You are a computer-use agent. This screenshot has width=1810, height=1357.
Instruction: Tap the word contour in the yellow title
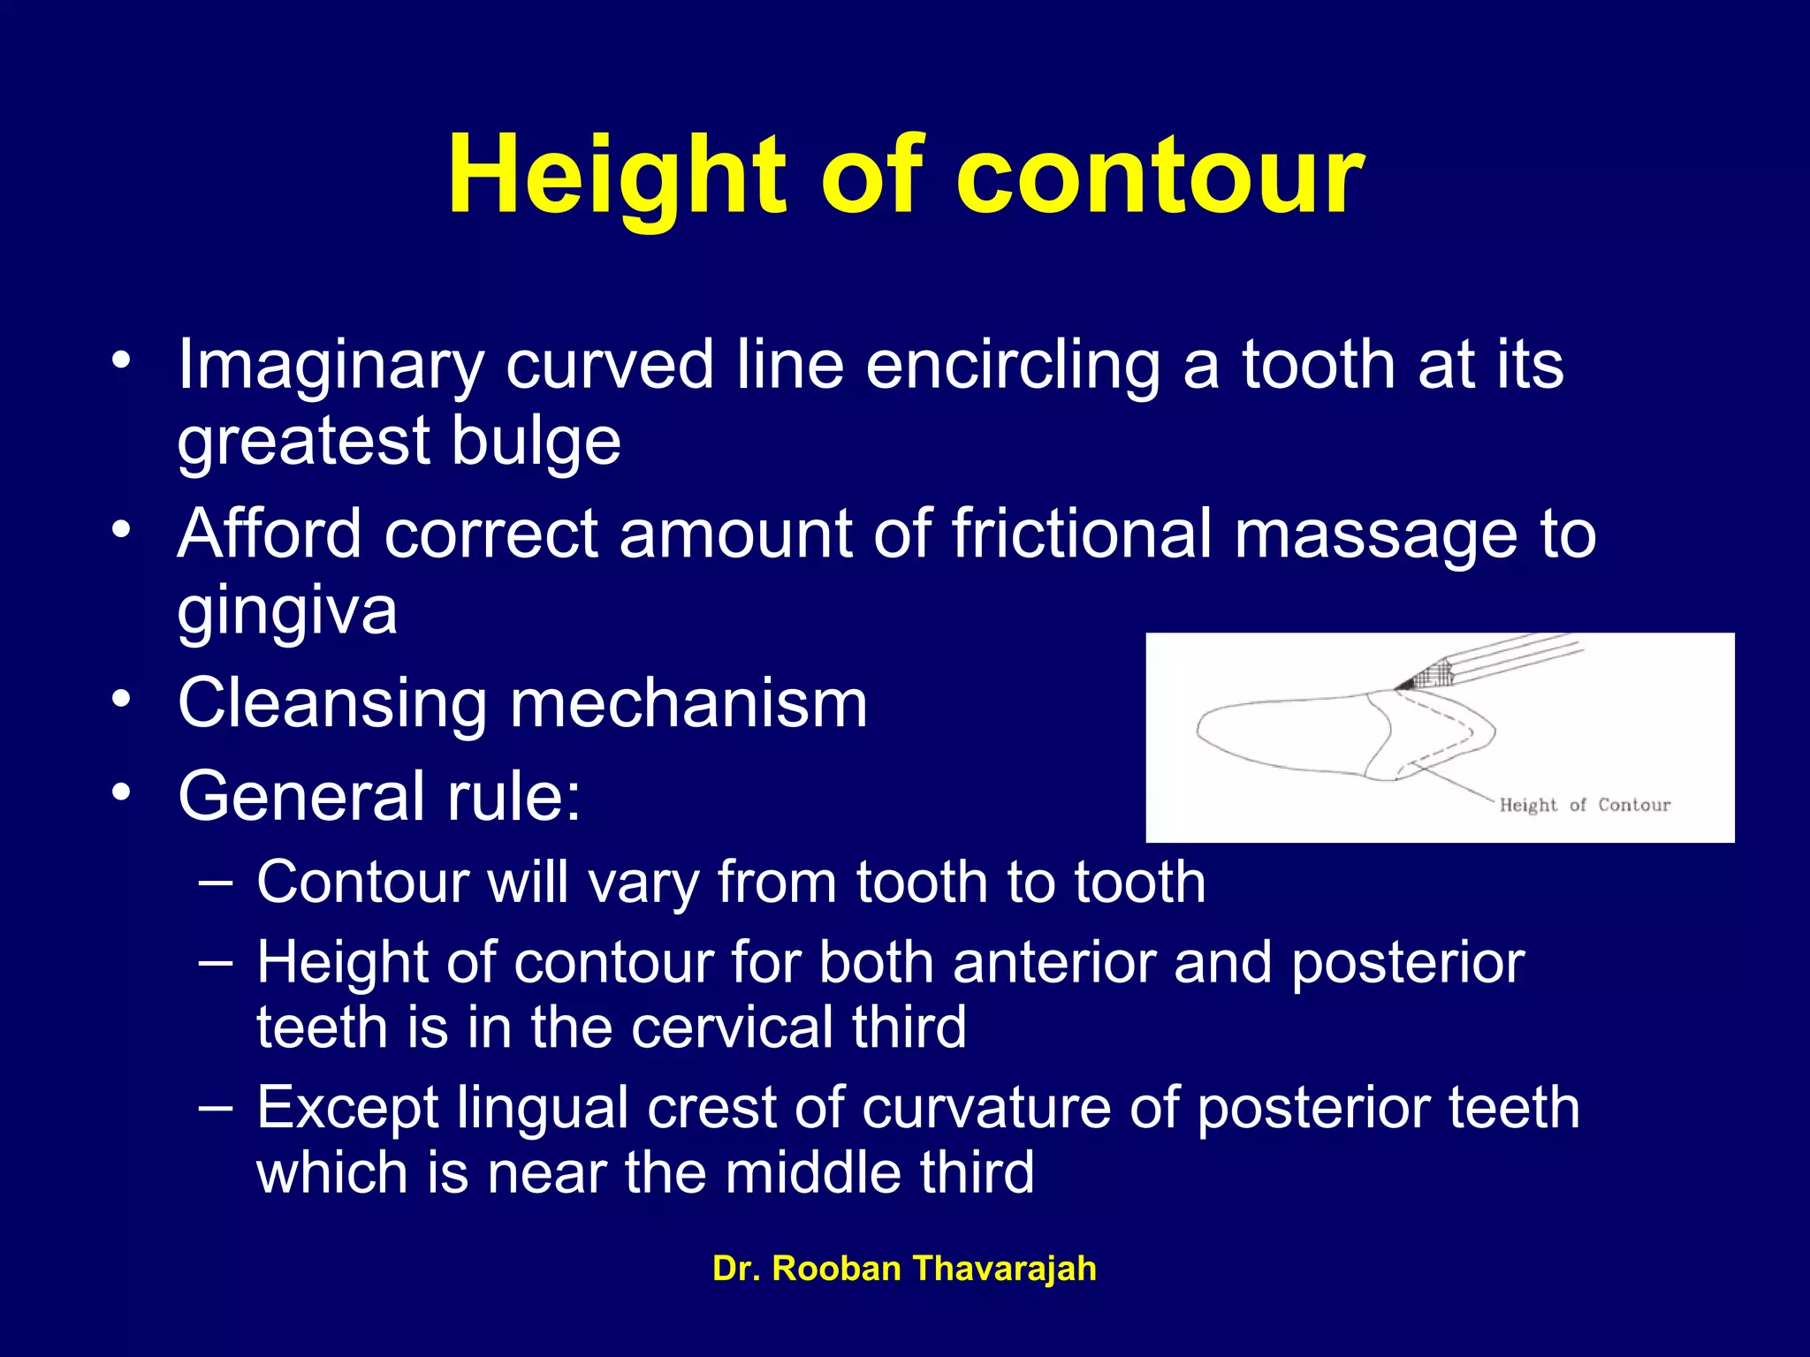[1160, 176]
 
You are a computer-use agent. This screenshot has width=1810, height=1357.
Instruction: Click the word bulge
[536, 442]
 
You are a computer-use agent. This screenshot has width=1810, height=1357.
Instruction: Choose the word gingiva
[287, 612]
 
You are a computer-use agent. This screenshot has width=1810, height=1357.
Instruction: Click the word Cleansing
[332, 704]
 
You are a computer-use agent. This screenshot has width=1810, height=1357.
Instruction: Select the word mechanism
[688, 704]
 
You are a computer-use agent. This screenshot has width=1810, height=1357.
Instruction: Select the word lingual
[542, 1109]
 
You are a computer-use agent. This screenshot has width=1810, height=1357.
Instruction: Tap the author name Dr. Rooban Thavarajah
[904, 1269]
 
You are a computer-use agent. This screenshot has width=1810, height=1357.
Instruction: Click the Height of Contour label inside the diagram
[1585, 805]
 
